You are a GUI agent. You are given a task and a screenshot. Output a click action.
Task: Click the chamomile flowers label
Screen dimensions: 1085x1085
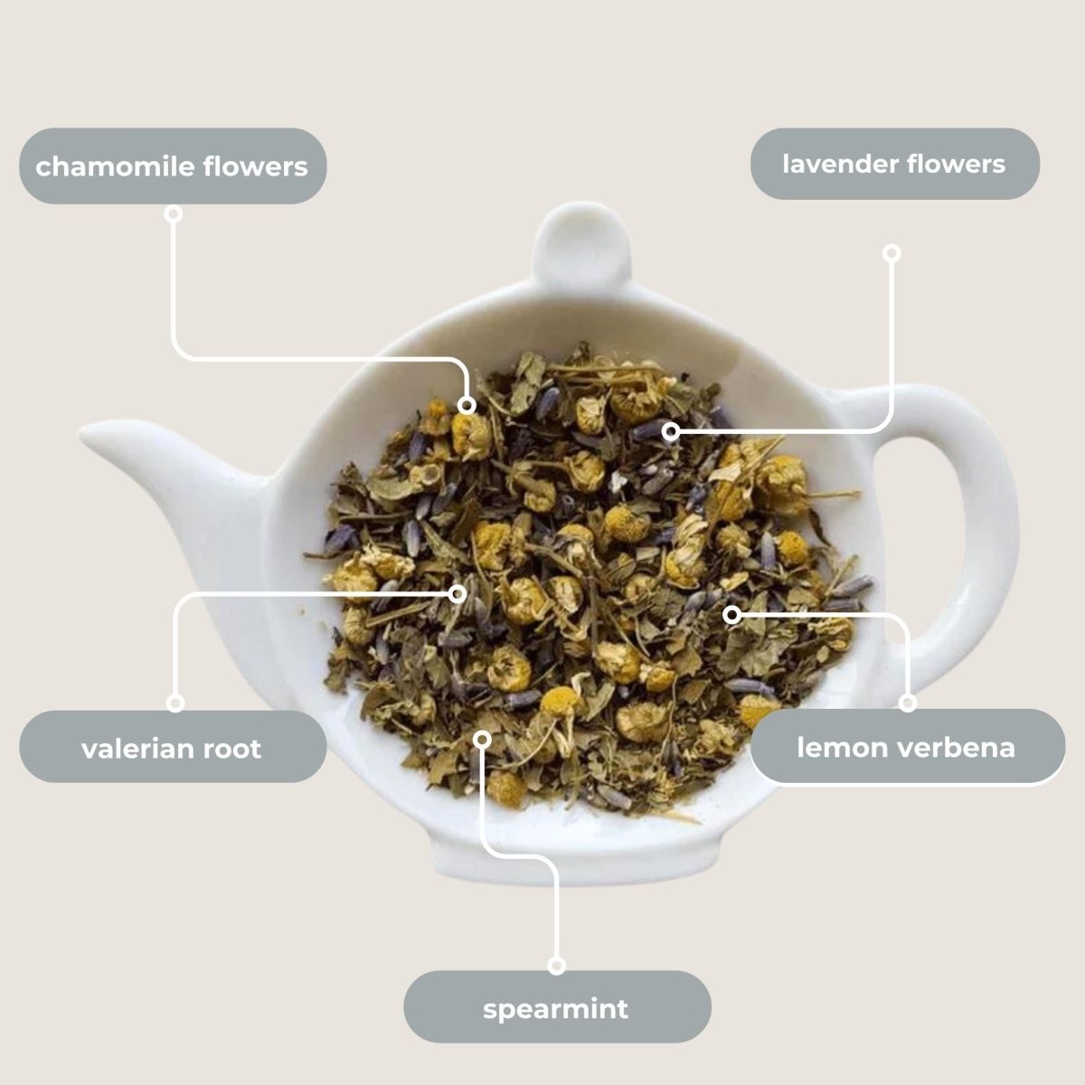point(173,166)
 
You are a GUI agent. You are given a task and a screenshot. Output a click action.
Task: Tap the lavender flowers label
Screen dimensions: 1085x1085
point(894,164)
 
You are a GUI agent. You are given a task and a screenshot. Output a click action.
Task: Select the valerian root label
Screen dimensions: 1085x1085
point(173,748)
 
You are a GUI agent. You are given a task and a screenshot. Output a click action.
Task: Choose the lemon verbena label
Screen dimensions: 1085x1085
point(907,747)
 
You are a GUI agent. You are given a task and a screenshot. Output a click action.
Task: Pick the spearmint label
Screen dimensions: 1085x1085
point(556,1007)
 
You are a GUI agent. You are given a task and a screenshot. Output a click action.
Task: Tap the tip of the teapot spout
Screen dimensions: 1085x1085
point(90,433)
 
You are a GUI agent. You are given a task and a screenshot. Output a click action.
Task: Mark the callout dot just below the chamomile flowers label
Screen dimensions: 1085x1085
point(174,214)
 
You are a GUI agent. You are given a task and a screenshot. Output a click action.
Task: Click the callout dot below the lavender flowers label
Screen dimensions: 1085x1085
point(892,253)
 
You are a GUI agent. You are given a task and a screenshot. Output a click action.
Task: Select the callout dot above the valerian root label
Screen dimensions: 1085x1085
point(175,703)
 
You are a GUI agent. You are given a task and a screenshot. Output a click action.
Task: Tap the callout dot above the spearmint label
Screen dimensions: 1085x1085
point(557,966)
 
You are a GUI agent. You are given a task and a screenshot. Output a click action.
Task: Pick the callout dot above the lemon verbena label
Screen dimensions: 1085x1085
point(908,703)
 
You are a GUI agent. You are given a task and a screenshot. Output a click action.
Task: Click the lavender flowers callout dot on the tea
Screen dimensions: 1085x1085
point(670,432)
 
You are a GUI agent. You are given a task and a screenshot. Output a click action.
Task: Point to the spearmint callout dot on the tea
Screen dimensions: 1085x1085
point(483,739)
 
